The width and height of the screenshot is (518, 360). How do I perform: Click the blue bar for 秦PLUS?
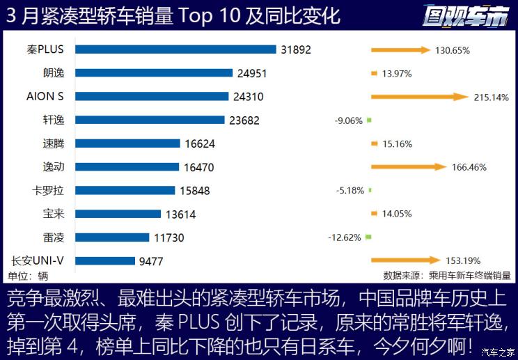(175, 49)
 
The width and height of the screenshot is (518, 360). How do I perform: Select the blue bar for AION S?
(152, 96)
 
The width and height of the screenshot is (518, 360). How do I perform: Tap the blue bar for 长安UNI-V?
(105, 261)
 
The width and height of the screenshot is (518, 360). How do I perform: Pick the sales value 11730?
(168, 237)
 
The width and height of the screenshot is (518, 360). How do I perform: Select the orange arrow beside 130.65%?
(400, 49)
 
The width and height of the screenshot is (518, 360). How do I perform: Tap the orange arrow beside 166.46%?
(408, 167)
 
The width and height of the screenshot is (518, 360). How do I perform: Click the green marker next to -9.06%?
(369, 120)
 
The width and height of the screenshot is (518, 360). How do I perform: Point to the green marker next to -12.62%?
(369, 237)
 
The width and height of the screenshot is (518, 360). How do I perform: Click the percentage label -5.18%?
(349, 190)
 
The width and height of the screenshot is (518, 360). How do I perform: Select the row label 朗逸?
(54, 72)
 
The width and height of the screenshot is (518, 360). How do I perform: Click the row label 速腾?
(54, 143)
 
